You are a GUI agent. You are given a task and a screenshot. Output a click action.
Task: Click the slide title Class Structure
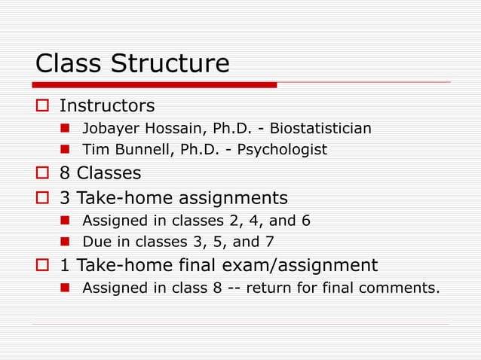pyautogui.click(x=132, y=63)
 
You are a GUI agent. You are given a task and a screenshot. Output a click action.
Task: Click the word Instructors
pyautogui.click(x=107, y=105)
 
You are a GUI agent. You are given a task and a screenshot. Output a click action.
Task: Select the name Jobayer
pyautogui.click(x=109, y=128)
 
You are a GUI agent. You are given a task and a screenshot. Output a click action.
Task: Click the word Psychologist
pyautogui.click(x=282, y=150)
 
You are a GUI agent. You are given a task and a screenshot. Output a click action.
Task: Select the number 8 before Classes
pyautogui.click(x=66, y=173)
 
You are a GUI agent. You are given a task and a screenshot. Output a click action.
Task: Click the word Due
pyautogui.click(x=95, y=243)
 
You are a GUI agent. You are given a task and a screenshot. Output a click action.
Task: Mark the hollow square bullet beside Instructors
pyautogui.click(x=42, y=105)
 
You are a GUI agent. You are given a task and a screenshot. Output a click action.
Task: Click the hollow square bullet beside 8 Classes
pyautogui.click(x=42, y=174)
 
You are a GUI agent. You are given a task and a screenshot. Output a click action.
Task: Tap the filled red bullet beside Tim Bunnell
pyautogui.click(x=66, y=150)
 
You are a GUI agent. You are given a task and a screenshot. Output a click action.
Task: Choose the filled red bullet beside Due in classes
pyautogui.click(x=66, y=243)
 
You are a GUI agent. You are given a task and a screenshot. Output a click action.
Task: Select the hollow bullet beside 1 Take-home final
pyautogui.click(x=42, y=266)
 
